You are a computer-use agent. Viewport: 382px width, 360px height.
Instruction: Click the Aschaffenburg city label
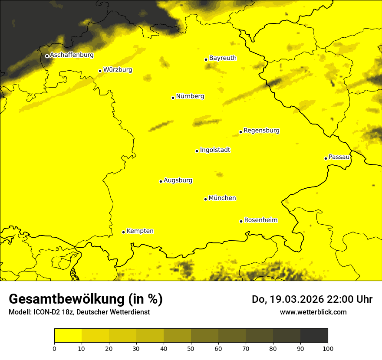pos(72,55)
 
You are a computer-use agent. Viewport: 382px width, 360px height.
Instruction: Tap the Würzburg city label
pos(118,70)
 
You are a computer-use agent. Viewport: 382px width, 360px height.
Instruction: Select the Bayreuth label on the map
pos(223,58)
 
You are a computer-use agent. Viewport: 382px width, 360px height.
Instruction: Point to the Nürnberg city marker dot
pos(173,98)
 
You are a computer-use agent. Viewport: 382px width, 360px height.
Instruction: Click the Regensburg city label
pos(261,131)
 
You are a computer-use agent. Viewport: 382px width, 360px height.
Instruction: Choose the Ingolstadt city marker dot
pos(197,151)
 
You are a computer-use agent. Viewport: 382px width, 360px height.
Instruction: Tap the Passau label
pos(339,157)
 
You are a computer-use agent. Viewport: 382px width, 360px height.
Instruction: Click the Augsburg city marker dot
pos(161,181)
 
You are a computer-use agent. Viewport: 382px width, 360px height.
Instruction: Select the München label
pos(222,198)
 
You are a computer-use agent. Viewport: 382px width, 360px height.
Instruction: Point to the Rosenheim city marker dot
pos(241,221)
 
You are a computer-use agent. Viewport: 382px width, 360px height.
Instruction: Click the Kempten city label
pos(140,231)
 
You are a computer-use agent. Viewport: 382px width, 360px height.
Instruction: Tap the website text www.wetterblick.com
pos(313,312)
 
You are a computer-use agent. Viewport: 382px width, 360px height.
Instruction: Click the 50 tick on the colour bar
pos(191,348)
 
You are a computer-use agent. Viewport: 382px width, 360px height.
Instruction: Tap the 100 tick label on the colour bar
pos(328,348)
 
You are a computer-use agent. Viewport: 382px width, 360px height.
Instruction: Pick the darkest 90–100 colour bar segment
pos(314,336)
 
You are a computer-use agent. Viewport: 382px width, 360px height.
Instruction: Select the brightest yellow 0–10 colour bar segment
pos(68,336)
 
